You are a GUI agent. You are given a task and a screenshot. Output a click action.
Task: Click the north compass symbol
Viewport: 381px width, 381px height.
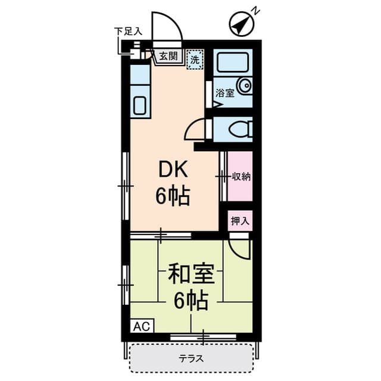[242, 23]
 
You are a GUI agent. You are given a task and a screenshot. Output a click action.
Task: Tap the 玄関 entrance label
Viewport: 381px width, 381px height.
[168, 57]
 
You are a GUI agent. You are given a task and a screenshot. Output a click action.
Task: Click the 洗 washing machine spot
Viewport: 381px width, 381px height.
[194, 59]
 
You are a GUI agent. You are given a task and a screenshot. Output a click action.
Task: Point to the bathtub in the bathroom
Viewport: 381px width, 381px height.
[233, 62]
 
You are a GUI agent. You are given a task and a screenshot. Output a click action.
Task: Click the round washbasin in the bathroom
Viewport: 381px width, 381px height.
[245, 86]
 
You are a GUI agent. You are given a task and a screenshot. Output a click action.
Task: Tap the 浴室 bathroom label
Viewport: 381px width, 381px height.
[225, 93]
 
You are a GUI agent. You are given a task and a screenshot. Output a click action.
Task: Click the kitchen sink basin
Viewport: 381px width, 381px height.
[139, 106]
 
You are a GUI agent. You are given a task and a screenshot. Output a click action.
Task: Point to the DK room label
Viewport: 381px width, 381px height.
[173, 171]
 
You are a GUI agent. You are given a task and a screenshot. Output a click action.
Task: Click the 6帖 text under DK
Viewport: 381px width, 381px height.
[173, 195]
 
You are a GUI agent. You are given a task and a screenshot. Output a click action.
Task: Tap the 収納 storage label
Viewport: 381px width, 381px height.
[241, 176]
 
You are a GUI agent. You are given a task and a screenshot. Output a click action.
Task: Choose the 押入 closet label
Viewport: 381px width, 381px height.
[240, 221]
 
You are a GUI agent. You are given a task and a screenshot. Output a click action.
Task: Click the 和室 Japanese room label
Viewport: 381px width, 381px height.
[187, 276]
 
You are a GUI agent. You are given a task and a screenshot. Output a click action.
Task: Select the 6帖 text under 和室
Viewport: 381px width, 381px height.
[190, 302]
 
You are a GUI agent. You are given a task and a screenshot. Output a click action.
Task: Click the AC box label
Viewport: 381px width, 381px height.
[141, 326]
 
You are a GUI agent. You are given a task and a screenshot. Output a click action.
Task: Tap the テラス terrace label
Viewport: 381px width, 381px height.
[192, 358]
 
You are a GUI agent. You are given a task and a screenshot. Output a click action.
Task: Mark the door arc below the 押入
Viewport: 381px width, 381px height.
[240, 250]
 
